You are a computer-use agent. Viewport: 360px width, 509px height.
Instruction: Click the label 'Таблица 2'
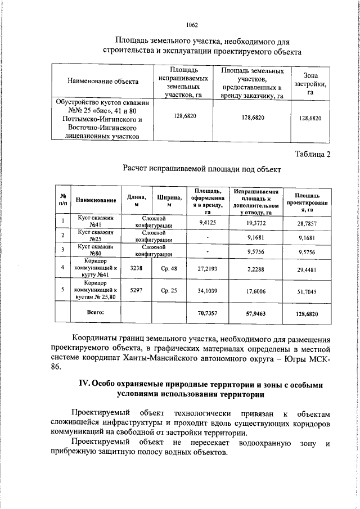pos(313,154)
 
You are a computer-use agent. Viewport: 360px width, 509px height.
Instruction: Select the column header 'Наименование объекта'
pos(103,82)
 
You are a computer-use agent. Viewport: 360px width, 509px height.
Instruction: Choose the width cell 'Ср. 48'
pos(169,268)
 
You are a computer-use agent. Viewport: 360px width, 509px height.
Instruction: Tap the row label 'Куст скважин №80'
pos(96,249)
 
